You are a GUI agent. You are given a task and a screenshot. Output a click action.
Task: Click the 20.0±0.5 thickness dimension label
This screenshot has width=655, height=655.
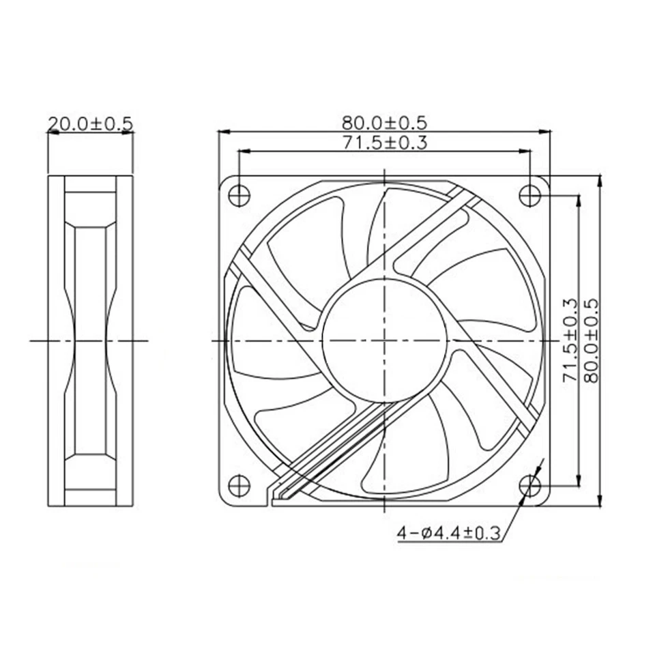[89, 123]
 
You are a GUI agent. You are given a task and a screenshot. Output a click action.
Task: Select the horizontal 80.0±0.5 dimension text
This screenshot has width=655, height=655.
[384, 123]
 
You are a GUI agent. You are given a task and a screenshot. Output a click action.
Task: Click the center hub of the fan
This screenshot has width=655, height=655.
[384, 339]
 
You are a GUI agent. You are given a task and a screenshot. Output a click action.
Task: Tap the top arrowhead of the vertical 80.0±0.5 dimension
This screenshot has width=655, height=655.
[599, 179]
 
